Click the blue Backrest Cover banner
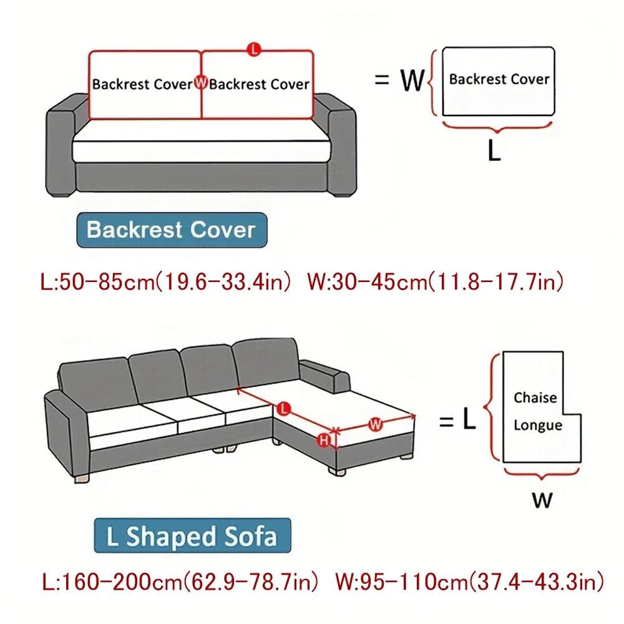[x=171, y=230]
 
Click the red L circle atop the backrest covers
[x=253, y=49]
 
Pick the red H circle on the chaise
[x=324, y=441]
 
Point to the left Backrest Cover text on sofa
[x=142, y=84]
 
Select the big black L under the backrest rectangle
[x=494, y=152]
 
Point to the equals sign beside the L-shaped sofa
[x=446, y=422]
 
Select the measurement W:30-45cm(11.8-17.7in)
[x=436, y=282]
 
